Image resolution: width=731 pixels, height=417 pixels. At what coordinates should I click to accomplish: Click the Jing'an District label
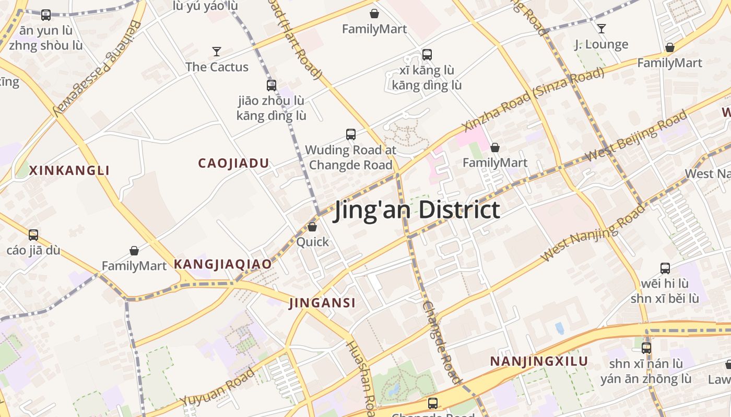[417, 210]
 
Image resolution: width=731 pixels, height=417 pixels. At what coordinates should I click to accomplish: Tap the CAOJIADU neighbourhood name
[233, 163]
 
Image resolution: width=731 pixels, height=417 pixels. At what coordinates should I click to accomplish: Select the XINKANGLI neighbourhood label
[69, 170]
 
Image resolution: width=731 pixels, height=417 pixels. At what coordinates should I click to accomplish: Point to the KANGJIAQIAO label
[222, 264]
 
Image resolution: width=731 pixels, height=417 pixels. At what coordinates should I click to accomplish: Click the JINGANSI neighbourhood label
[322, 303]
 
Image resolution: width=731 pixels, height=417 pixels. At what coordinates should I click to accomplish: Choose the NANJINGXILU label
[539, 361]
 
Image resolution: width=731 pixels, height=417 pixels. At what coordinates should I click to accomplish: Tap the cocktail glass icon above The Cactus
[217, 51]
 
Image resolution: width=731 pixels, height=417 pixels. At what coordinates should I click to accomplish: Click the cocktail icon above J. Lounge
[602, 28]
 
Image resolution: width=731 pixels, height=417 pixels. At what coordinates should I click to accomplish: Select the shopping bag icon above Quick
[312, 227]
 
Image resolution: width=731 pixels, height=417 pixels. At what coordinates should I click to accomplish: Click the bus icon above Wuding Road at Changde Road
[351, 134]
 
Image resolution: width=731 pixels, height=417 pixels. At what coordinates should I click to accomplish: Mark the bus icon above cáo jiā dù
[33, 235]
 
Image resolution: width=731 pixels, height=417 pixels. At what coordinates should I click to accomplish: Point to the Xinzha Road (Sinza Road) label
[533, 100]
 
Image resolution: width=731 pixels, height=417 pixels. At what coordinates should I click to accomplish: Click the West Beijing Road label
[636, 137]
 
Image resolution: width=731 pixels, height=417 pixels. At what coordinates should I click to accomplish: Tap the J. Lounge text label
[602, 44]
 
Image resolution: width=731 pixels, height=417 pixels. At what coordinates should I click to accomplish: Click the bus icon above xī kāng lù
[427, 54]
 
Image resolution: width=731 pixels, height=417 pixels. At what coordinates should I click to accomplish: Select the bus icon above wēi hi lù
[665, 268]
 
